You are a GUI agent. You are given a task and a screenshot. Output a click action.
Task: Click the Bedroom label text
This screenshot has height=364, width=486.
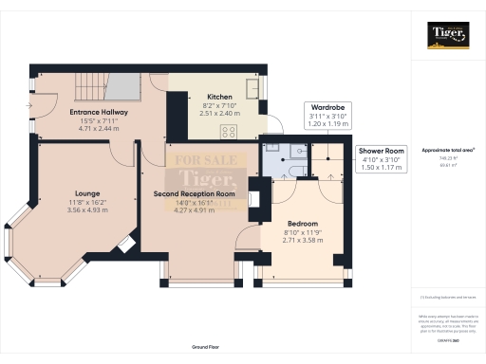[305, 224]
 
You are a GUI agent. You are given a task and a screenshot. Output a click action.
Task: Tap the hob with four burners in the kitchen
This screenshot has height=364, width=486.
[230, 132]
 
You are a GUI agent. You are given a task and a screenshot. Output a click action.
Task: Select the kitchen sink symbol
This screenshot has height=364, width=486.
[255, 90]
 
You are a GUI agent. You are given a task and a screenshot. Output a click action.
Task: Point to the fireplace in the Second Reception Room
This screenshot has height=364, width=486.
[252, 199]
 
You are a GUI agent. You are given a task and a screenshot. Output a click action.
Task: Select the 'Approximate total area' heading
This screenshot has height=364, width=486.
[447, 150]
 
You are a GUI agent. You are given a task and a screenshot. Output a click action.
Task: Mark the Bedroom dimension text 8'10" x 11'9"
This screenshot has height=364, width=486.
[305, 232]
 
